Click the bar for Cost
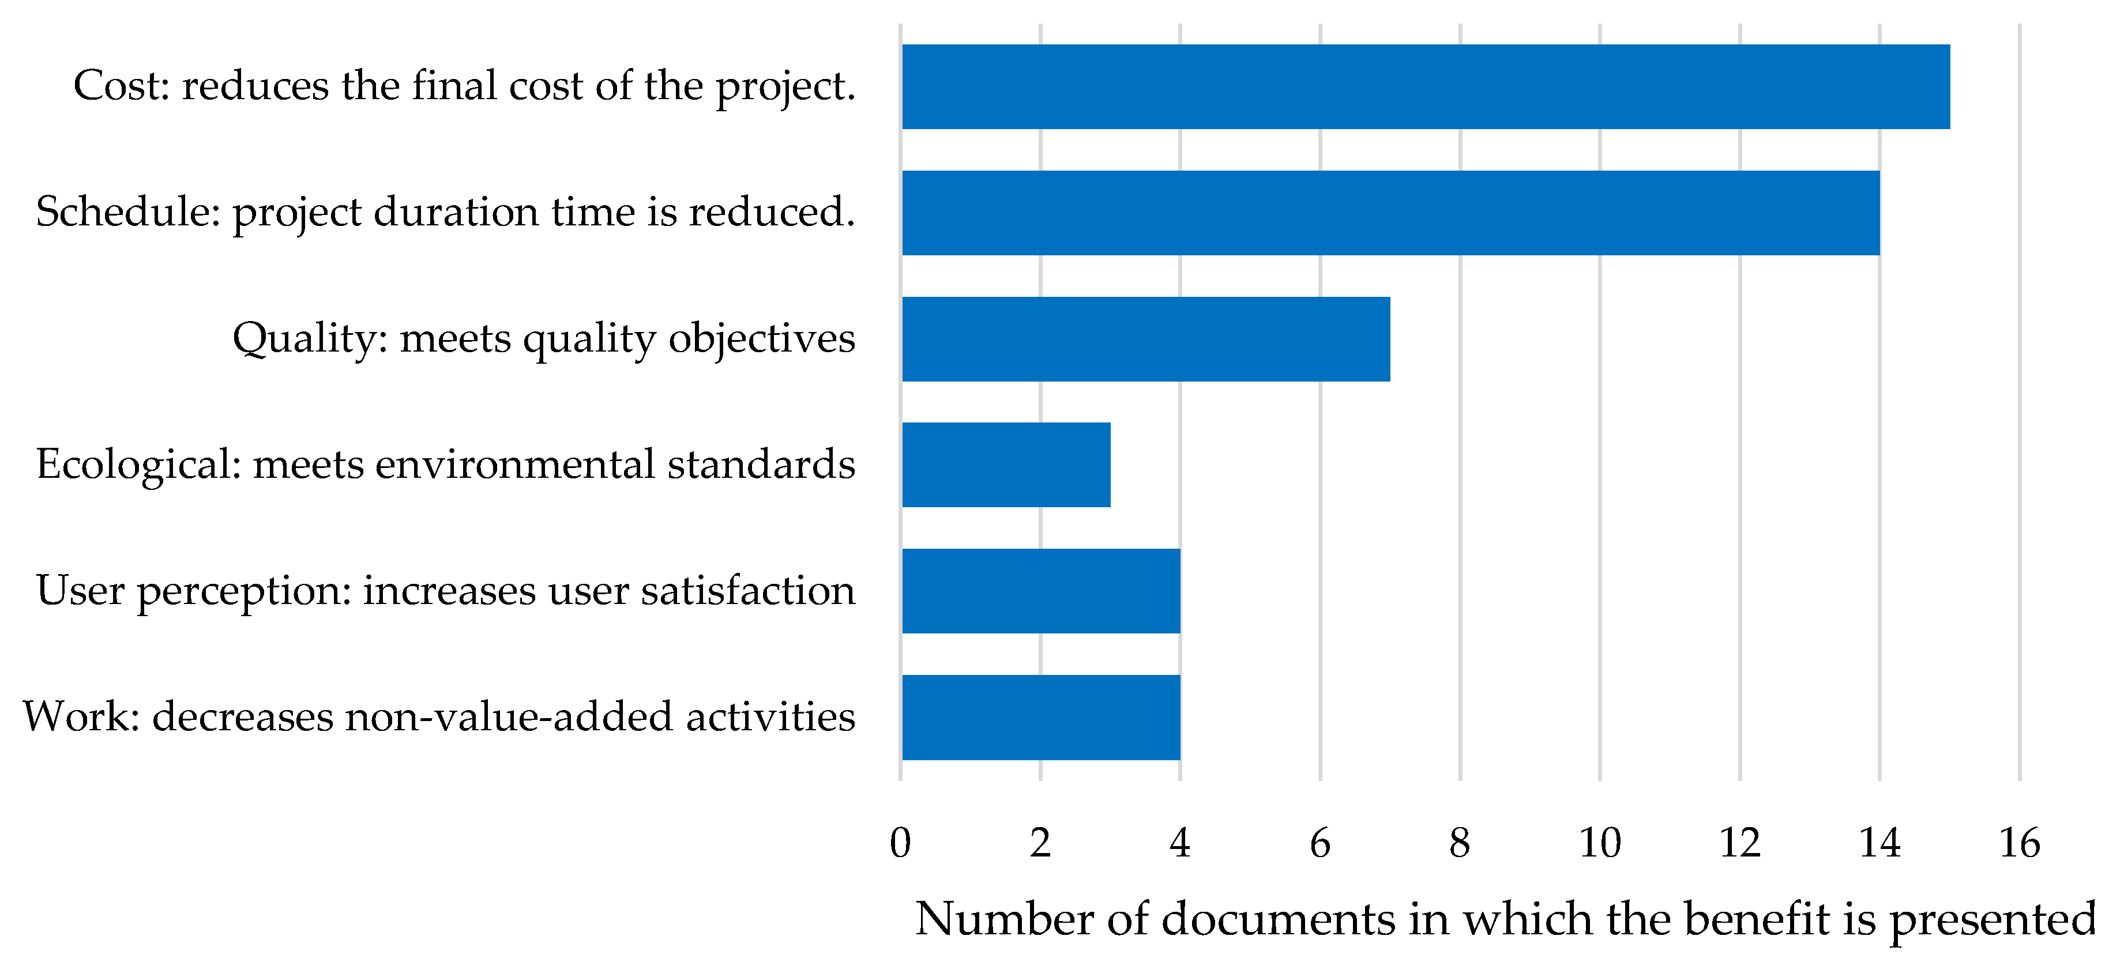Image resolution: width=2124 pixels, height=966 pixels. pyautogui.click(x=1425, y=86)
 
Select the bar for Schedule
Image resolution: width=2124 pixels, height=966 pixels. pyautogui.click(x=1390, y=213)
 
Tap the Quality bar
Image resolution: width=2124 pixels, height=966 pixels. pyautogui.click(x=1145, y=339)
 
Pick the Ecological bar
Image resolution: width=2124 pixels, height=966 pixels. pyautogui.click(x=1006, y=465)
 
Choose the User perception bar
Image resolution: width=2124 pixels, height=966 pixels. pyautogui.click(x=1040, y=591)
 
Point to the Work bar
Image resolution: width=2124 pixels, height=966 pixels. pyautogui.click(x=1040, y=717)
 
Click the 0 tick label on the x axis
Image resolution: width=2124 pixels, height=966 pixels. pyautogui.click(x=900, y=842)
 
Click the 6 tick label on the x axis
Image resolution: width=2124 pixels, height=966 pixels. pyautogui.click(x=1320, y=842)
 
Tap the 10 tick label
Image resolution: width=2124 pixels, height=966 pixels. pyautogui.click(x=1600, y=842)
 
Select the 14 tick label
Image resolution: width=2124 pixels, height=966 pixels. pyautogui.click(x=1879, y=842)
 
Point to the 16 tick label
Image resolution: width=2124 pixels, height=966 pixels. pyautogui.click(x=2019, y=842)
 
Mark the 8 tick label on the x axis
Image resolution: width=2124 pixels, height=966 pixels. pyautogui.click(x=1460, y=842)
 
